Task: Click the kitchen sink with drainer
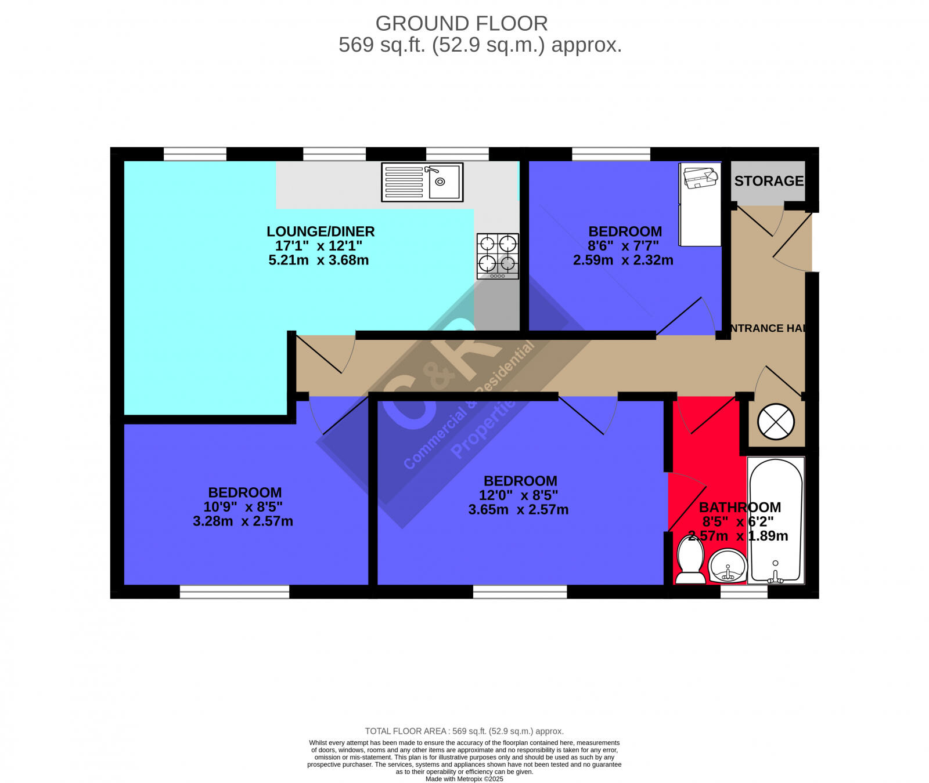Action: coord(422,182)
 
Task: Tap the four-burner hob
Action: coord(498,256)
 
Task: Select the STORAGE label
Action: coord(768,181)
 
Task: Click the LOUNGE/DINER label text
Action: coord(321,231)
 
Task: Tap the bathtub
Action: coord(776,520)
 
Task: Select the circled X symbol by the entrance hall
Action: coord(776,422)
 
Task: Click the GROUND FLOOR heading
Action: coord(462,24)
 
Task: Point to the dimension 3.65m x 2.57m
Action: coord(518,510)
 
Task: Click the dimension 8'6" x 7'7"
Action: coord(623,246)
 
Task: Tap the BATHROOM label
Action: coord(740,507)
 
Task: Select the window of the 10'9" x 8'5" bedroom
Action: coord(235,592)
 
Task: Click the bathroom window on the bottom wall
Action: coord(744,592)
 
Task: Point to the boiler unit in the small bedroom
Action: coord(700,204)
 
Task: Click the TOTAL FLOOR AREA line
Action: coord(464,731)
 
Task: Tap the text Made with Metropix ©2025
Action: coord(464,779)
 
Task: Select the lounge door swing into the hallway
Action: coord(325,354)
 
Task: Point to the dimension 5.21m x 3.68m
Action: coord(318,260)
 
